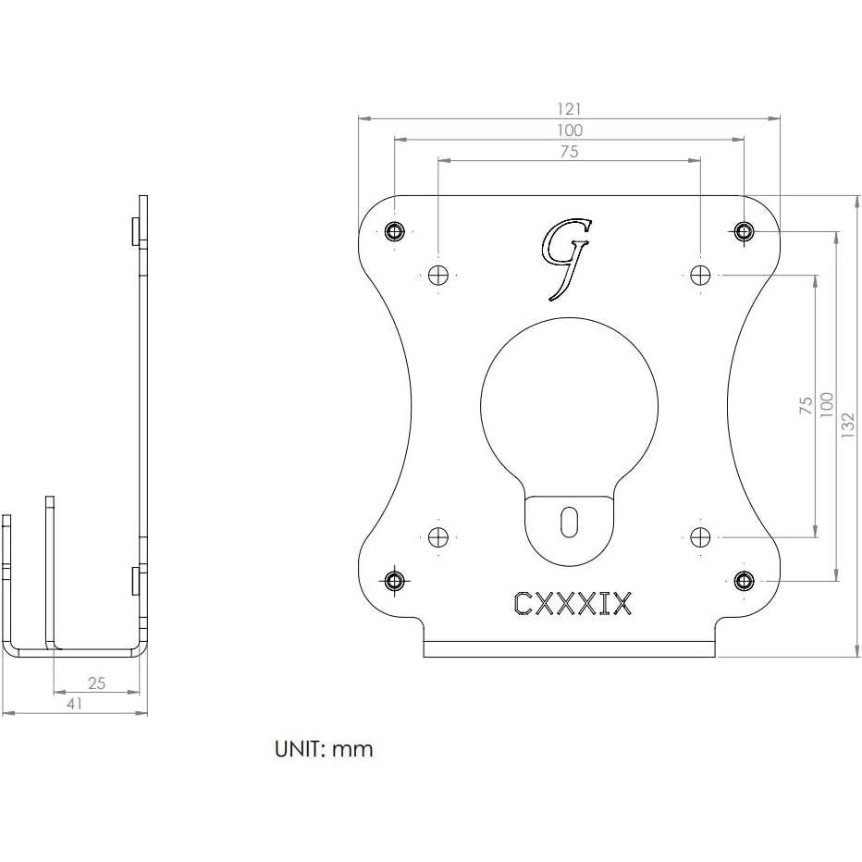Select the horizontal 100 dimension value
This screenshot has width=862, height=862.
(x=570, y=130)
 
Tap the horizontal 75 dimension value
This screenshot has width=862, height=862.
(x=570, y=152)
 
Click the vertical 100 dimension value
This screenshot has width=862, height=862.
(x=827, y=403)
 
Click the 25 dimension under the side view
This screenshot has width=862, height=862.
(x=96, y=683)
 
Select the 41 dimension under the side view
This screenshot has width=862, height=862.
(x=75, y=704)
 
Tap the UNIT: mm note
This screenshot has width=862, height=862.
(x=324, y=748)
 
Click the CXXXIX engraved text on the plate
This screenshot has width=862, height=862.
(x=573, y=604)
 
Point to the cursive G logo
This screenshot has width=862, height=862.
(x=565, y=258)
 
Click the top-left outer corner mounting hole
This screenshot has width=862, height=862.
(x=396, y=230)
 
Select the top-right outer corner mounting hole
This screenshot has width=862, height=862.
(x=744, y=230)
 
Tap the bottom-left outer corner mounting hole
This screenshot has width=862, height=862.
(x=396, y=580)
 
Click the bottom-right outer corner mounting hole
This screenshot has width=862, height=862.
(x=744, y=580)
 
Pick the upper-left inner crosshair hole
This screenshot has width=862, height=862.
(x=438, y=275)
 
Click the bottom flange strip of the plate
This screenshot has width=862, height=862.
(x=570, y=648)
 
